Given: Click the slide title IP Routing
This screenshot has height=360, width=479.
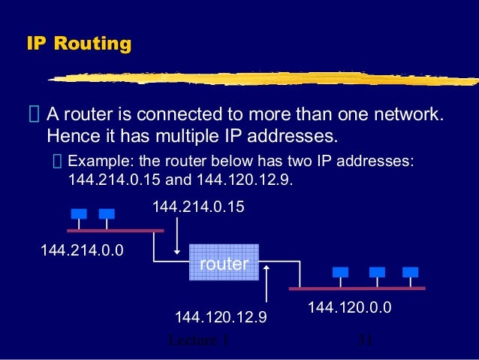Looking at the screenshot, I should pyautogui.click(x=79, y=44).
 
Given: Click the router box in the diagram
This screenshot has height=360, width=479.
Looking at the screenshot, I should pyautogui.click(x=224, y=263).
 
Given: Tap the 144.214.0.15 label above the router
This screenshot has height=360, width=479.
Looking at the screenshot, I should pyautogui.click(x=198, y=206).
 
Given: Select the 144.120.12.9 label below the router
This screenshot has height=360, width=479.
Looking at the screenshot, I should pyautogui.click(x=221, y=318).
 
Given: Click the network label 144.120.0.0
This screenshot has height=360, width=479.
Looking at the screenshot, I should pyautogui.click(x=350, y=307).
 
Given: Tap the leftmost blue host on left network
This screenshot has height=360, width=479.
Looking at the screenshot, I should pyautogui.click(x=78, y=214).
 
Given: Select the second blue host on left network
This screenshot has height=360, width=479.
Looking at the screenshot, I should pyautogui.click(x=106, y=214).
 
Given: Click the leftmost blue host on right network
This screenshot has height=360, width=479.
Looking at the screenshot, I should pyautogui.click(x=341, y=272).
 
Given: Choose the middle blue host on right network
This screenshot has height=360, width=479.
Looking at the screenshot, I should pyautogui.click(x=377, y=272).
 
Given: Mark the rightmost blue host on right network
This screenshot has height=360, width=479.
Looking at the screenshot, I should pyautogui.click(x=409, y=272).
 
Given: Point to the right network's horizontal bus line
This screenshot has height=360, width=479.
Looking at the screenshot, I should pyautogui.click(x=357, y=288).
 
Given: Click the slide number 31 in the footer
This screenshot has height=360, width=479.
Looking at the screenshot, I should pyautogui.click(x=366, y=340).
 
